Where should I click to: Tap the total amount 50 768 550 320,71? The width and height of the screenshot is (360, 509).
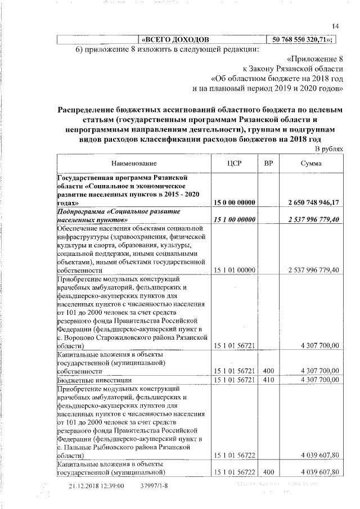(x=303, y=39)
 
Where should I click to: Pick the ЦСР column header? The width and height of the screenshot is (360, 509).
(x=233, y=163)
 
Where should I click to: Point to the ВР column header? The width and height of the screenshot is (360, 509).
(x=269, y=163)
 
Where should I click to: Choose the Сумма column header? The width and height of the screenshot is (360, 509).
(x=311, y=163)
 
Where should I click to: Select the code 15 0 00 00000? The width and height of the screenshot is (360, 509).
(x=234, y=202)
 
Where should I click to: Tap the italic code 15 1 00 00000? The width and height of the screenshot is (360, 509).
(x=234, y=219)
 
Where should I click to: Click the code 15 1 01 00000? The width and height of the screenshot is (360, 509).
(x=234, y=271)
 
